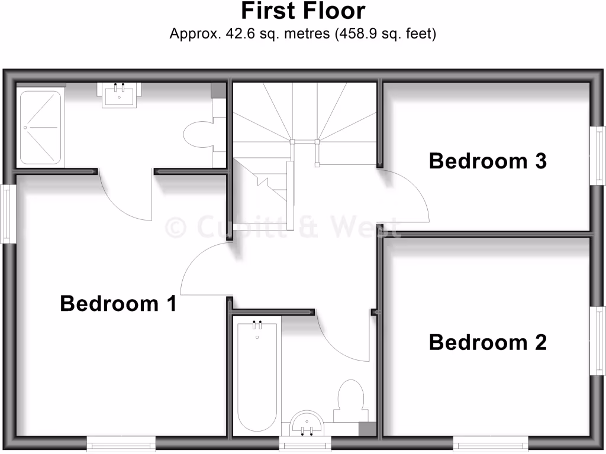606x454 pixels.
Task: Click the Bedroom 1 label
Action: tap(118, 304)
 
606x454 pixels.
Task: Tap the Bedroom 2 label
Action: tap(488, 342)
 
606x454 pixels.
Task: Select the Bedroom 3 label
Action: tap(488, 161)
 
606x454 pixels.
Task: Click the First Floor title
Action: tap(303, 11)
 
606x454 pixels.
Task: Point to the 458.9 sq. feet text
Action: tap(386, 34)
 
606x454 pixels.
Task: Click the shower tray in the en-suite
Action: tap(40, 127)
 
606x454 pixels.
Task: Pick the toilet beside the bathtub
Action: tap(350, 397)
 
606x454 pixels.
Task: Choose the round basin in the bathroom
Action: tap(307, 422)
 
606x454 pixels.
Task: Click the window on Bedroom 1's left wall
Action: tap(8, 214)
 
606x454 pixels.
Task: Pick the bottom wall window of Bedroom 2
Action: tap(491, 443)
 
